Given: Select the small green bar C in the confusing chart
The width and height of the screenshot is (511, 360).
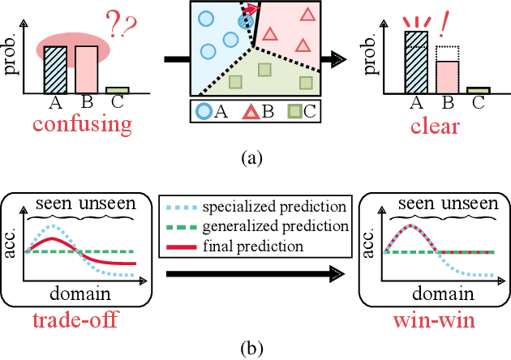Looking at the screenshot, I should [117, 90].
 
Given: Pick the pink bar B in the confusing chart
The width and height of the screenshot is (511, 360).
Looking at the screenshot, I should [86, 69].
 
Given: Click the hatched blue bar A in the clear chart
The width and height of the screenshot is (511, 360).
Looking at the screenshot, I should [415, 62].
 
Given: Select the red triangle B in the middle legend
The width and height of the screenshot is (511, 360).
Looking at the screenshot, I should [247, 113].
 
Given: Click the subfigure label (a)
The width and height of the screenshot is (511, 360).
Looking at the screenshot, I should [255, 157].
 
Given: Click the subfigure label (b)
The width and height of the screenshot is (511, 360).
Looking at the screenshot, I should [255, 349].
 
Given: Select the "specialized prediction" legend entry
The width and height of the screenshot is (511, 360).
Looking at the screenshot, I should [255, 208].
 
